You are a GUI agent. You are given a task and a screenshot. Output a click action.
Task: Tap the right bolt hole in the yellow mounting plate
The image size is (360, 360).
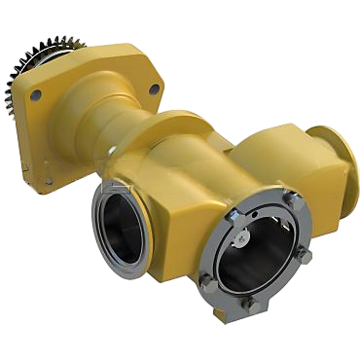click(x=154, y=87)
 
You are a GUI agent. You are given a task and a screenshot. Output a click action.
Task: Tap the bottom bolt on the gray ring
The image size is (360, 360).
click(x=252, y=306)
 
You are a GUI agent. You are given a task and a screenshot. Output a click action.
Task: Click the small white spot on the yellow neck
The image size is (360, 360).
click(x=115, y=149)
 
